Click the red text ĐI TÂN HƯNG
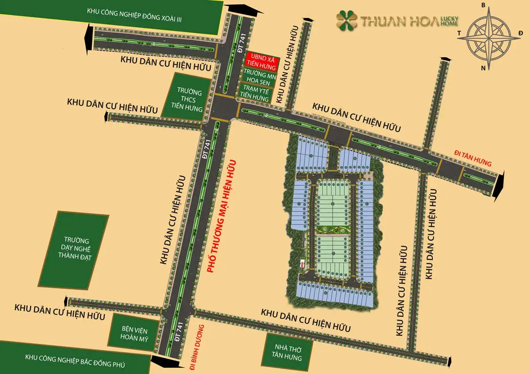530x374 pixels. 473,158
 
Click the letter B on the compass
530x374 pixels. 483,6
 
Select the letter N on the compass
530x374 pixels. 484,68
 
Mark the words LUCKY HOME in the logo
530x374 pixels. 449,20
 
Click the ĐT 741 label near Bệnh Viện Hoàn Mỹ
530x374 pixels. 179,331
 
